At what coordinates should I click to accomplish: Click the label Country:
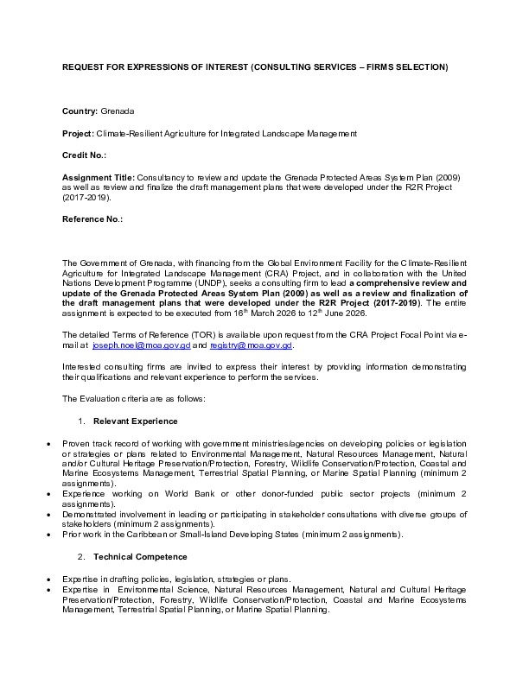tap(80, 111)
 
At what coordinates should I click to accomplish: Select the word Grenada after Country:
tap(118, 111)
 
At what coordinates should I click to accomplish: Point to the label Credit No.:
tap(84, 155)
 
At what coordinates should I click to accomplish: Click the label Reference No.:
tap(92, 219)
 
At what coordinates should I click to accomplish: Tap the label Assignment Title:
tap(99, 176)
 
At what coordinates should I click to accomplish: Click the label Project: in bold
tap(78, 133)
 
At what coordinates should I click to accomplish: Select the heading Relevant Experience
tap(135, 421)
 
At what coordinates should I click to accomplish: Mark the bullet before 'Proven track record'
tap(48, 442)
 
